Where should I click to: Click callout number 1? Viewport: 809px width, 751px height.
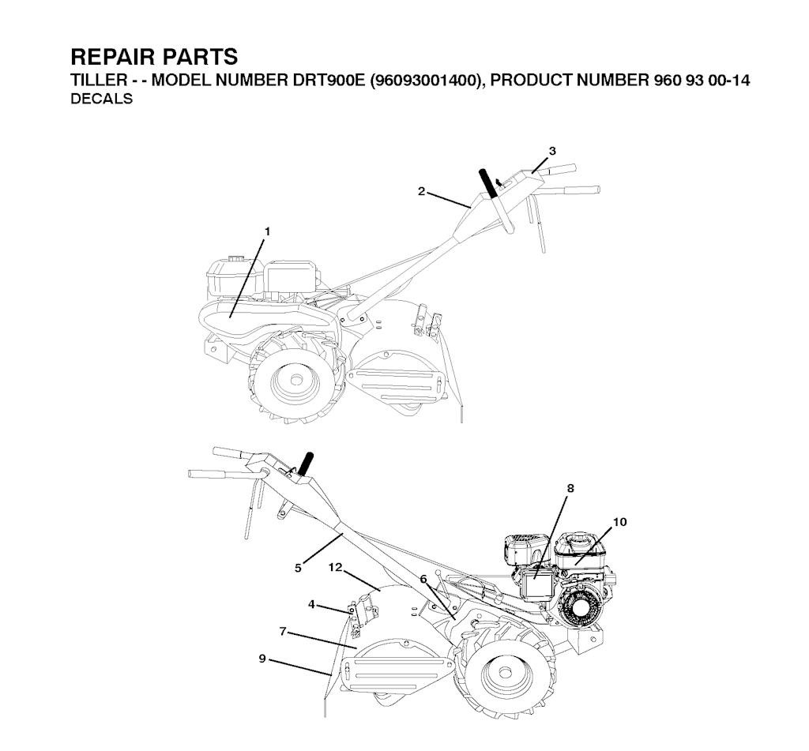coord(267,232)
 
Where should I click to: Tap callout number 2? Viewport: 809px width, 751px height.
coord(422,191)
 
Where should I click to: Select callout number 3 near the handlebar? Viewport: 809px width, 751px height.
coord(552,151)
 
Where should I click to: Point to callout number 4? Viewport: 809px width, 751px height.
coord(311,604)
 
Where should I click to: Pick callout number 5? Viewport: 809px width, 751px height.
coord(298,568)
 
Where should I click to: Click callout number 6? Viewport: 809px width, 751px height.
coord(423,579)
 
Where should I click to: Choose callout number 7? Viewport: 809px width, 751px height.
coord(283,631)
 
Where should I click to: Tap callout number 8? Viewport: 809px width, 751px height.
coord(570,488)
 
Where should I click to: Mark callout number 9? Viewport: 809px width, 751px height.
coord(262,659)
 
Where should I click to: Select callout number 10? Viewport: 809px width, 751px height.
coord(619,522)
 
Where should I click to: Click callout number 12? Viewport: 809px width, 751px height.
coord(335,567)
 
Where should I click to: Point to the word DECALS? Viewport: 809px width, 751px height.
coord(101,99)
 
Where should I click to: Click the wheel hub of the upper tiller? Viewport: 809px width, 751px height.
coord(296,380)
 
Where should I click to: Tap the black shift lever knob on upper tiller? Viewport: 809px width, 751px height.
coord(488,183)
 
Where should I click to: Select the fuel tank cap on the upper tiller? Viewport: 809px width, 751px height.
coord(236,257)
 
